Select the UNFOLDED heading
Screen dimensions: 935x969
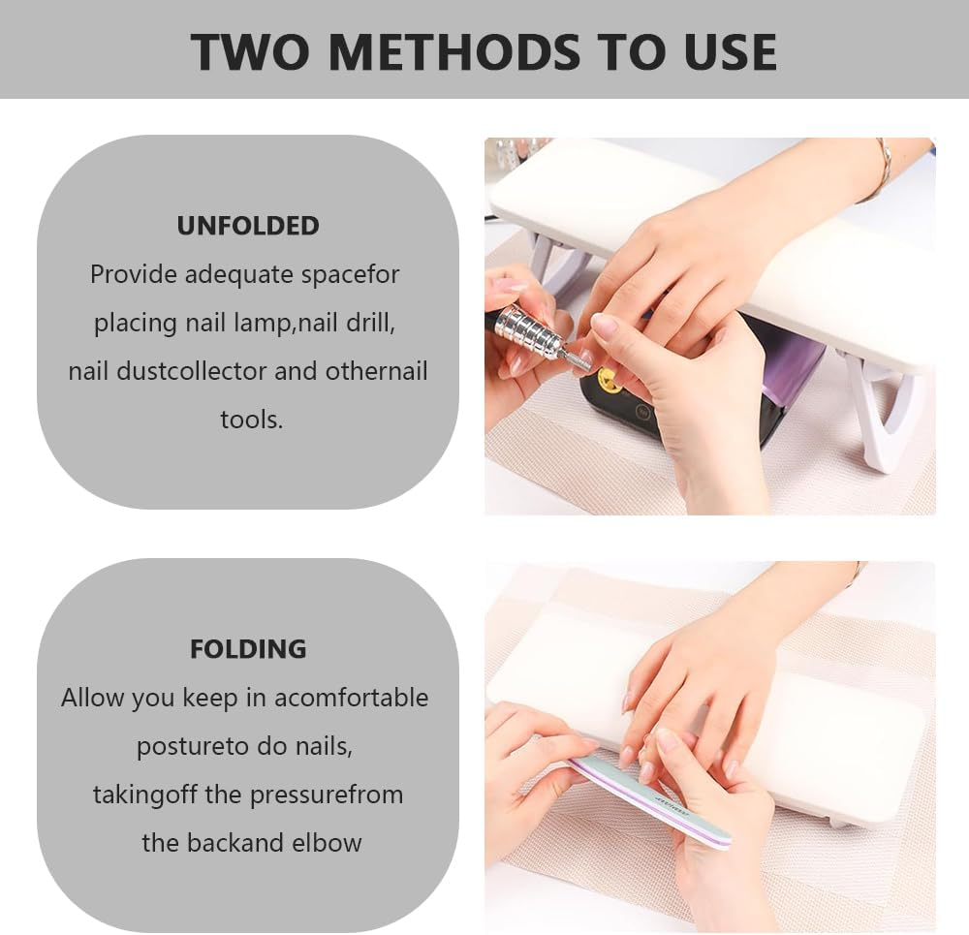(x=248, y=226)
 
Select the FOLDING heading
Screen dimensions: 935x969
(x=248, y=648)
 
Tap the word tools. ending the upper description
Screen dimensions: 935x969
(x=251, y=420)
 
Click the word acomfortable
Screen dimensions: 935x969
(x=351, y=698)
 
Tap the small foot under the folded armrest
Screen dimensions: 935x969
(x=841, y=822)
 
